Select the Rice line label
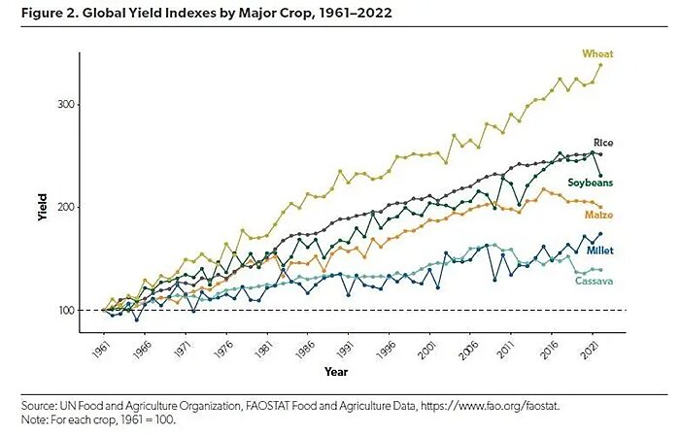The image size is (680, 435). tap(603, 143)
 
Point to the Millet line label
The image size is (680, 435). tap(599, 251)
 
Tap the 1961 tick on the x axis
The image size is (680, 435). tap(100, 347)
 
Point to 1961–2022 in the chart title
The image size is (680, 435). tap(314, 14)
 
